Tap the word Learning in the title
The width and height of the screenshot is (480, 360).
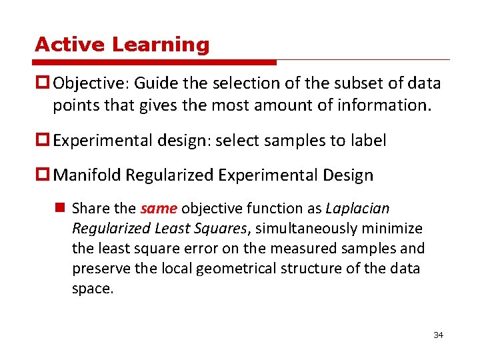pos(161,45)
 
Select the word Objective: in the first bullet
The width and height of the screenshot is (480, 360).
pos(91,83)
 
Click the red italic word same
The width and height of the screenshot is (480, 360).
pos(159,209)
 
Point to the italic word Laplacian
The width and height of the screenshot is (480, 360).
pos(357,209)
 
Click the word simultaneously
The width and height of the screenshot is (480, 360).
pos(307,229)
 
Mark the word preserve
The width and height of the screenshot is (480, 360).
pos(98,269)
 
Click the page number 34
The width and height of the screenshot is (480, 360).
pos(438,335)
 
